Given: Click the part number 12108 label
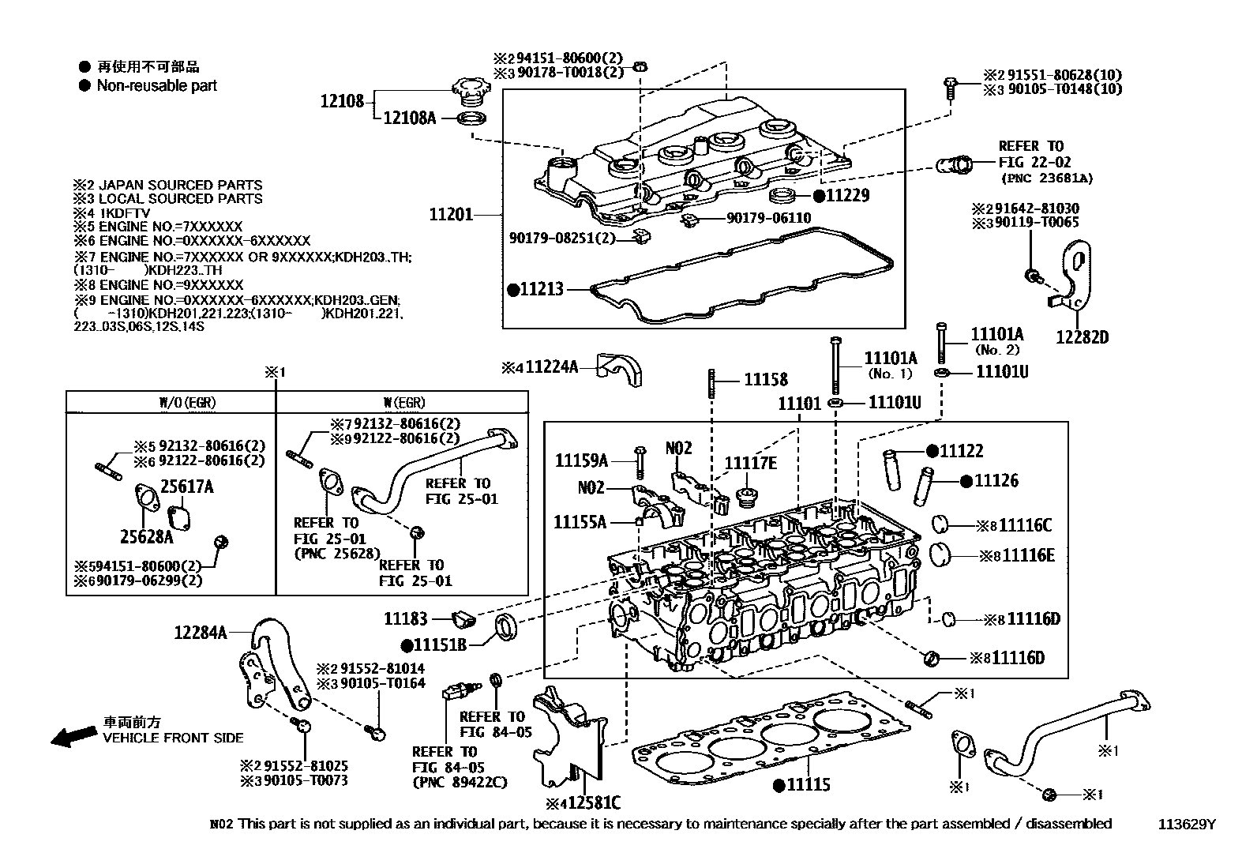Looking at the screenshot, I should (342, 101).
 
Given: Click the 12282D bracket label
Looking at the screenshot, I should (1083, 337).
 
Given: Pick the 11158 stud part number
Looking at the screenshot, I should (765, 380).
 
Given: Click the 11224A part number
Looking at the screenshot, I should (552, 367).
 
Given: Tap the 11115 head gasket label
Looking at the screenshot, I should (808, 784).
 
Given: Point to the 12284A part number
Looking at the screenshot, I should (201, 632).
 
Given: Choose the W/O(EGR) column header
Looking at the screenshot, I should (188, 403).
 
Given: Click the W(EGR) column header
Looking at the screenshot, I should (401, 403).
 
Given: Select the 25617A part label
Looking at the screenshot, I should (187, 487).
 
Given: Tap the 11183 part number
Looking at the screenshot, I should (406, 619).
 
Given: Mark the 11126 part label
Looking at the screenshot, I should (996, 480).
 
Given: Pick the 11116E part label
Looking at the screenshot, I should (1027, 555).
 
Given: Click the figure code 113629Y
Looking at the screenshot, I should (1187, 825).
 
